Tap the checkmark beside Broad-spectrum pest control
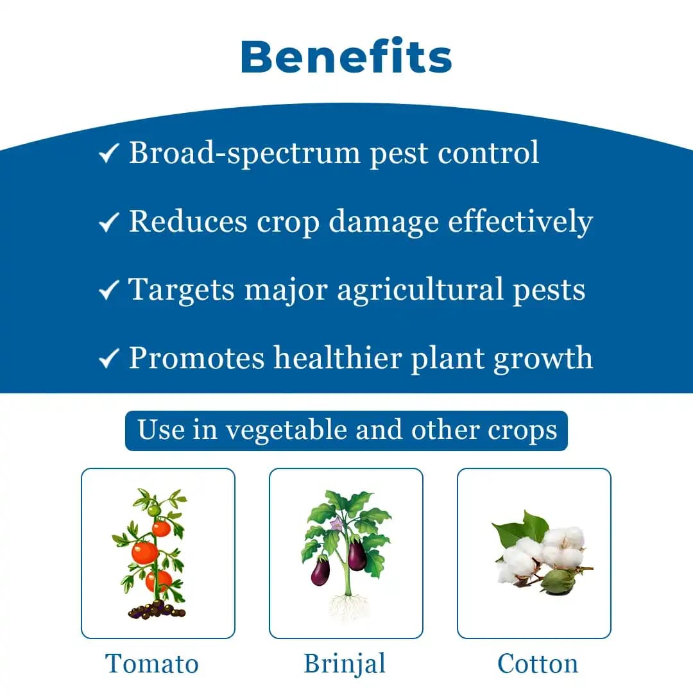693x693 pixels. click(108, 155)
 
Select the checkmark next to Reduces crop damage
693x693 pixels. click(108, 223)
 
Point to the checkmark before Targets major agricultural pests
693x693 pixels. click(108, 291)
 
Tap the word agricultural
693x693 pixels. click(420, 289)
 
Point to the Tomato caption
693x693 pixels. click(152, 663)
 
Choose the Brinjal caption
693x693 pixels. click(345, 663)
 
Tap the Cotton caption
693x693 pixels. click(538, 663)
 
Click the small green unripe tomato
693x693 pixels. click(154, 510)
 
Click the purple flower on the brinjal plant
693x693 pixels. click(336, 524)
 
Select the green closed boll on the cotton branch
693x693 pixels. click(556, 581)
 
